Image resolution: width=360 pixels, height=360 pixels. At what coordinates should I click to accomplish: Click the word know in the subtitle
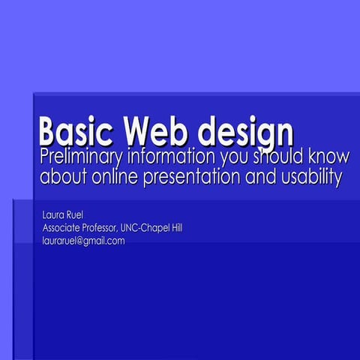[328, 158]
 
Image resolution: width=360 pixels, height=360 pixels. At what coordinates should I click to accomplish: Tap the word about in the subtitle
[63, 179]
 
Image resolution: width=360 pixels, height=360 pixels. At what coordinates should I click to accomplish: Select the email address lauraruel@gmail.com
[83, 241]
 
